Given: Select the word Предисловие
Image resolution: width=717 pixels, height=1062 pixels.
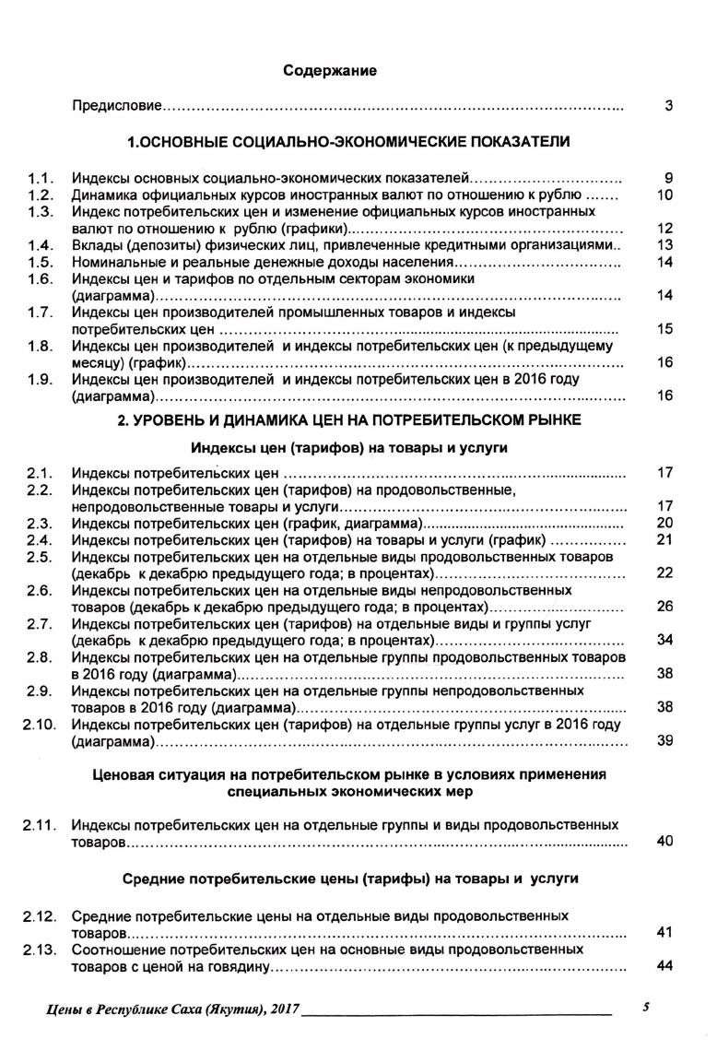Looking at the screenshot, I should click(117, 107).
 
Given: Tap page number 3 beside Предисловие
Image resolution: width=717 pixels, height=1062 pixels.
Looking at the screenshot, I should click(668, 107).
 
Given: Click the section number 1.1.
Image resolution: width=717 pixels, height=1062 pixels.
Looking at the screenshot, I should click(40, 178).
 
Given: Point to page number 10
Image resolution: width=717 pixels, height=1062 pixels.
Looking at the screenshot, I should click(665, 195).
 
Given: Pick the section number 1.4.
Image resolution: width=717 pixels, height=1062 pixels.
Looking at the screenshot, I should click(40, 245).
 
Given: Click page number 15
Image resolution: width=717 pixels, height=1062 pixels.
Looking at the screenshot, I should click(665, 329).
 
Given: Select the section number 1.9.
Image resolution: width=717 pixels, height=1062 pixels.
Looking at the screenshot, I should click(40, 379).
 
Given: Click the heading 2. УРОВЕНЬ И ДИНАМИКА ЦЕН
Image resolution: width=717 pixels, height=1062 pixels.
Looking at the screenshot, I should click(348, 420).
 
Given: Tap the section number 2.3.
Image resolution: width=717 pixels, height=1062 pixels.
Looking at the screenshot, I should click(40, 523).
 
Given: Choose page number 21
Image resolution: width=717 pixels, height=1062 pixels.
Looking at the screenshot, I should click(665, 539).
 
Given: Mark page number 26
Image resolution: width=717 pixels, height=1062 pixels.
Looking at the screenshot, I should click(665, 607).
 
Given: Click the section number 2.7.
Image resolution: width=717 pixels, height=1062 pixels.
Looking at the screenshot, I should click(40, 624).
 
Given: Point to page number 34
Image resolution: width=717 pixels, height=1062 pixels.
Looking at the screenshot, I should click(665, 640).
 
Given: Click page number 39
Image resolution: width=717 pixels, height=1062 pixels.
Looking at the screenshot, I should click(665, 741).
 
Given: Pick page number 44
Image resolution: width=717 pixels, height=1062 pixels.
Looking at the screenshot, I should click(665, 965).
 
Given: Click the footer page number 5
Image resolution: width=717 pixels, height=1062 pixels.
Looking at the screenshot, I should click(647, 1009).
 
